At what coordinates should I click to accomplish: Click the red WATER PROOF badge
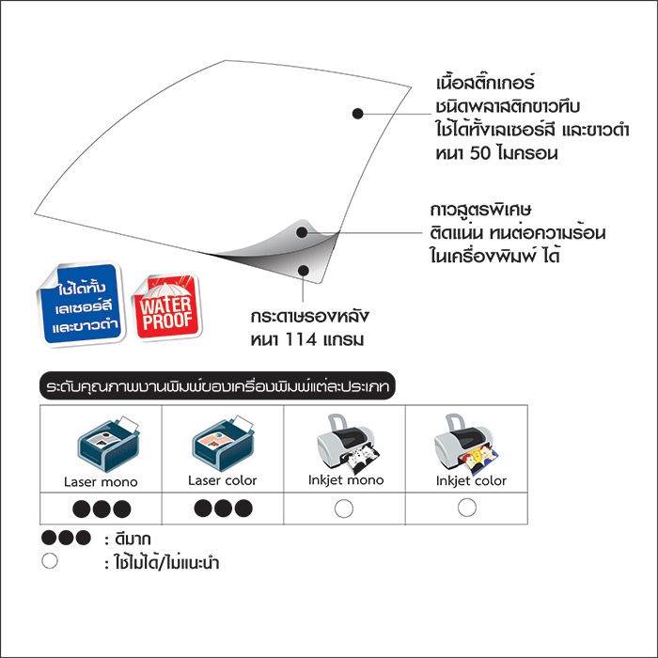(167, 306)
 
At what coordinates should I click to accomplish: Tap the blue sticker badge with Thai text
(81, 303)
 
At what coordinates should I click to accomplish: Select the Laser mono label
(101, 481)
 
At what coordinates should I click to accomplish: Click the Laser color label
(223, 480)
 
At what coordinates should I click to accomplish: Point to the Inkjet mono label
(346, 480)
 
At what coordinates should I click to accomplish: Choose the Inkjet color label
(471, 480)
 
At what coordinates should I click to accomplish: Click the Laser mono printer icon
(108, 444)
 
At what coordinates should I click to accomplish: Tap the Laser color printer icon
(223, 443)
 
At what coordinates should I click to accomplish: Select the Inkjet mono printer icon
(348, 443)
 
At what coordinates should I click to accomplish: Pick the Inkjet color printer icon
(466, 444)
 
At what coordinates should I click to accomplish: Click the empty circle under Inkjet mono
(344, 509)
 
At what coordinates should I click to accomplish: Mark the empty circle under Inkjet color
(466, 508)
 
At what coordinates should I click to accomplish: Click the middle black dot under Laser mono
(102, 509)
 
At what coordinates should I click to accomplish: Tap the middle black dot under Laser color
(224, 509)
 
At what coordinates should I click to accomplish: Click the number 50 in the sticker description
(480, 153)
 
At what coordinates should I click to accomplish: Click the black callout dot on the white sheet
(357, 114)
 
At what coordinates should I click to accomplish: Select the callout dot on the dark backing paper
(304, 270)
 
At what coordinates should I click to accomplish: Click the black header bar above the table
(217, 385)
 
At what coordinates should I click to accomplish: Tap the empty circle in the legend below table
(50, 560)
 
